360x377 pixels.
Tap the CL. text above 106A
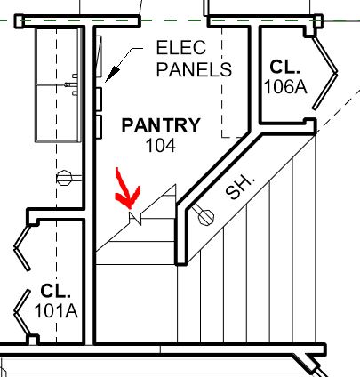[286, 67]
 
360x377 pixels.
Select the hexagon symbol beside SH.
[205, 215]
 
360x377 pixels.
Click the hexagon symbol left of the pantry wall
[63, 176]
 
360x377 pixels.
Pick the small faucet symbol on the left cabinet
[71, 84]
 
